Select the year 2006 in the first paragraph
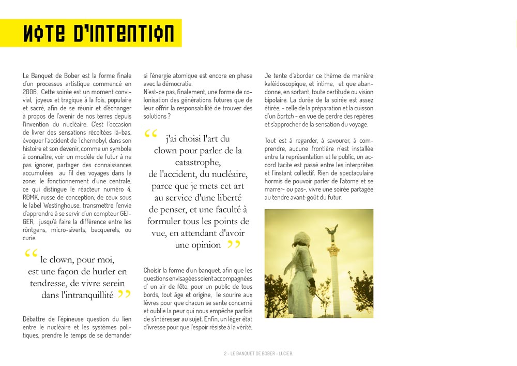pyautogui.click(x=29, y=91)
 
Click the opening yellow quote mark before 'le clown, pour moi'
pyautogui.click(x=31, y=254)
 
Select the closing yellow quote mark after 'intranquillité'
pyautogui.click(x=124, y=295)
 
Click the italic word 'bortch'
pyautogui.click(x=283, y=116)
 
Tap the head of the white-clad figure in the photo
pyautogui.click(x=301, y=240)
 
